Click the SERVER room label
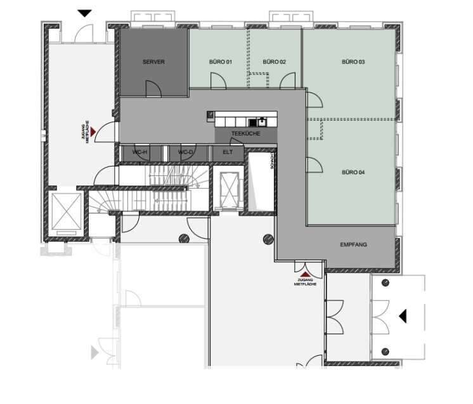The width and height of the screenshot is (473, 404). [x=153, y=62]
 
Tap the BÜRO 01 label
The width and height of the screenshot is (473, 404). [x=221, y=62]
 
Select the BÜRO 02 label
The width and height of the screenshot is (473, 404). [x=274, y=62]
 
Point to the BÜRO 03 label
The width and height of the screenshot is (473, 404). [x=353, y=62]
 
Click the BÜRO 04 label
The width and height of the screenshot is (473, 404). [x=353, y=172]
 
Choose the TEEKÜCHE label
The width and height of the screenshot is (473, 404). [x=246, y=134]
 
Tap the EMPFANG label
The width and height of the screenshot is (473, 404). [x=354, y=244]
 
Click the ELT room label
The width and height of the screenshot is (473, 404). [x=228, y=152]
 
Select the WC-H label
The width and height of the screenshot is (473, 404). [x=139, y=152]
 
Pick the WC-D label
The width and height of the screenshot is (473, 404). [x=185, y=152]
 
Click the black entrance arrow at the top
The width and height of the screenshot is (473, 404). [x=85, y=13]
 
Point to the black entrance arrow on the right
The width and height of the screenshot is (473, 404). [x=403, y=317]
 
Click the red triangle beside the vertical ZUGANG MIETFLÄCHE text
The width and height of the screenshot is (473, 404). [x=93, y=132]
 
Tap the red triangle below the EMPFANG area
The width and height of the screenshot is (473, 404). [x=305, y=274]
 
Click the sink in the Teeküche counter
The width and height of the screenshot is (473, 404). [x=261, y=122]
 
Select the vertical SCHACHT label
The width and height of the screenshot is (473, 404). [x=272, y=161]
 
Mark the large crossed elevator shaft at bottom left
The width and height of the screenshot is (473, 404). [x=67, y=211]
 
